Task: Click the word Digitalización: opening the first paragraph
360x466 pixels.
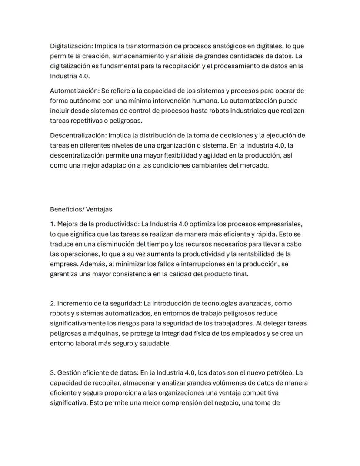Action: click(x=71, y=46)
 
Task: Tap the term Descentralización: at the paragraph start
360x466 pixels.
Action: click(x=78, y=136)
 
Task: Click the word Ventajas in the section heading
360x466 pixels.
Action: click(x=99, y=209)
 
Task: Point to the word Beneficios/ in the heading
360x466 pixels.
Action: click(x=67, y=209)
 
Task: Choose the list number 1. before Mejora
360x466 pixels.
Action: click(x=53, y=225)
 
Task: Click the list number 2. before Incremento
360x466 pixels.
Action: click(x=53, y=303)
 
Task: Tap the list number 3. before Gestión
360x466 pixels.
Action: click(x=53, y=373)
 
